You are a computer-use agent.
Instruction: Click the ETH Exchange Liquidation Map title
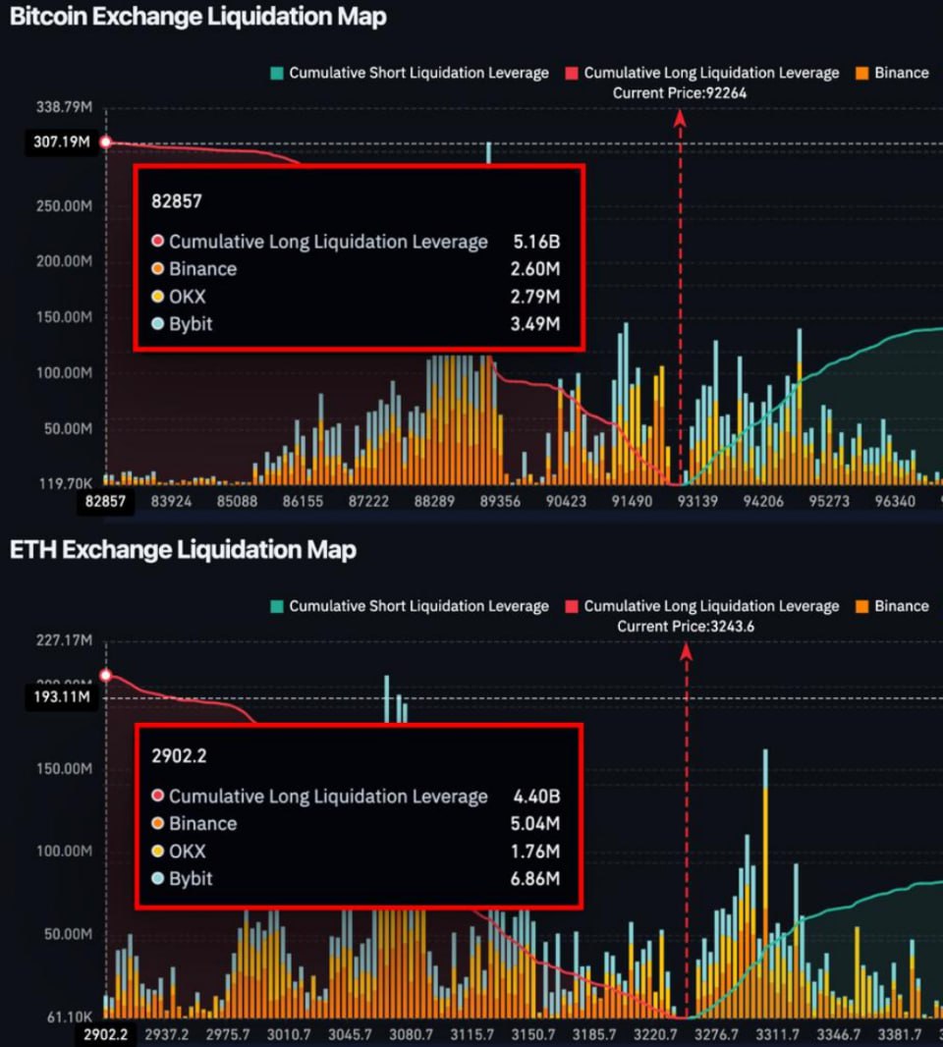point(183,550)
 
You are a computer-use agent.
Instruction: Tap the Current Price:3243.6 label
point(686,627)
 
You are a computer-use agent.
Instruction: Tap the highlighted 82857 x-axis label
point(106,502)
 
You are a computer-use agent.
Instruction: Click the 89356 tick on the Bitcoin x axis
point(500,502)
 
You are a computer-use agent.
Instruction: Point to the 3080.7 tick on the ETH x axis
point(411,1035)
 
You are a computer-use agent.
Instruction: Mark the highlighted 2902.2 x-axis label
point(106,1035)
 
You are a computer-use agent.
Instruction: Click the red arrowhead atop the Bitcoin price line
point(680,116)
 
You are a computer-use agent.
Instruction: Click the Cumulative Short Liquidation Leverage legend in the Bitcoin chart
point(410,73)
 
